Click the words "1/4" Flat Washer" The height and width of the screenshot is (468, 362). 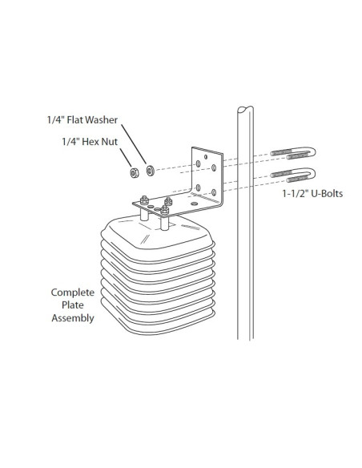pos(82,119)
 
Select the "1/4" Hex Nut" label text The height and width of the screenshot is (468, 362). pos(90,142)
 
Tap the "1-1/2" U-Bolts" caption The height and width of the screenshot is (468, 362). pos(312,194)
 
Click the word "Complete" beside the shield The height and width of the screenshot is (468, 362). pos(73,292)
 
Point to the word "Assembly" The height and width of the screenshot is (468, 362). pos(73,318)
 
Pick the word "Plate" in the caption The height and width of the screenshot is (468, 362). pos(73,305)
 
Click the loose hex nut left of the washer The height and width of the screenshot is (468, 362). pos(135,172)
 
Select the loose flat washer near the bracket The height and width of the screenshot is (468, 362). pos(150,171)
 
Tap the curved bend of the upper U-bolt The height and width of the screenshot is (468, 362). pos(312,152)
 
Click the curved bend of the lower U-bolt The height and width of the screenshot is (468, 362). pos(312,173)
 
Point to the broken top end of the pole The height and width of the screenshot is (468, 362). pos(245,109)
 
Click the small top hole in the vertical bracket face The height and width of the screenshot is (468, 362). pos(206,157)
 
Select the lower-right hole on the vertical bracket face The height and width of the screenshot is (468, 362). pos(214,192)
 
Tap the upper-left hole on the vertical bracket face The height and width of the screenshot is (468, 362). pos(198,163)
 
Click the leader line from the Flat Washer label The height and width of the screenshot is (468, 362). pos(134,144)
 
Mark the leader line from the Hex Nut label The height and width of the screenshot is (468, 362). pos(126,158)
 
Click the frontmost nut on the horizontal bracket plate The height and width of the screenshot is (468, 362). pos(165,210)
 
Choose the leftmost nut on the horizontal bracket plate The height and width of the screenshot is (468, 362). pos(145,200)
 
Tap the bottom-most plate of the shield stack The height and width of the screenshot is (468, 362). pos(158,321)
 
